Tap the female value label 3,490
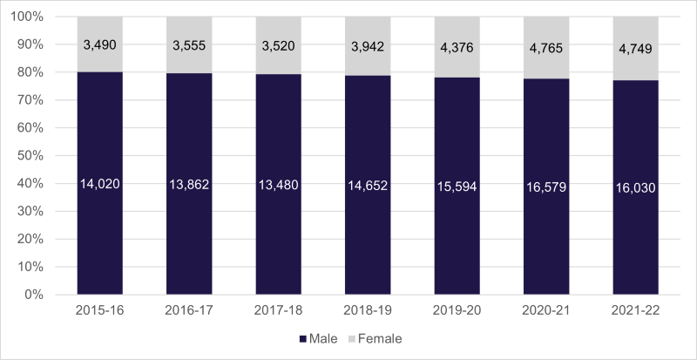click(x=99, y=44)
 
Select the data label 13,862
click(x=189, y=184)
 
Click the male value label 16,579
click(x=546, y=184)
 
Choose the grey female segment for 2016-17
click(x=189, y=61)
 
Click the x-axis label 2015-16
click(x=99, y=311)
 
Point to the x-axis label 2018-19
click(x=368, y=311)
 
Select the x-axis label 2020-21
click(x=546, y=311)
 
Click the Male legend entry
click(x=319, y=338)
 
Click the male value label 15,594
click(x=457, y=184)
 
